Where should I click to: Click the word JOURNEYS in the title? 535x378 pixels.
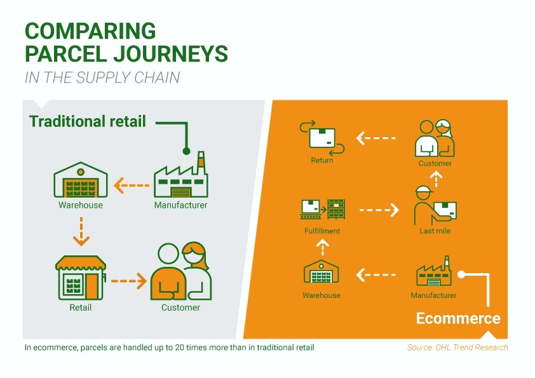click(x=170, y=53)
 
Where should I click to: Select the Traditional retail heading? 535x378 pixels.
click(x=88, y=121)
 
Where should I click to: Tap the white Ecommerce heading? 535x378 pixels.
click(x=458, y=318)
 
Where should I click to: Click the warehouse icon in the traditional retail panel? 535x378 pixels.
click(x=81, y=180)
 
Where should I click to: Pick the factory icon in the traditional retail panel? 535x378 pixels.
click(x=181, y=175)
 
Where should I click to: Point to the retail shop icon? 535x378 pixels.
click(x=81, y=278)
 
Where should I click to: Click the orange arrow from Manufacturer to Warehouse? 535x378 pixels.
click(x=132, y=186)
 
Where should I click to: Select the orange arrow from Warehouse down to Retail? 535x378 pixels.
click(x=81, y=231)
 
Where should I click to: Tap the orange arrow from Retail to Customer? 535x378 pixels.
click(x=129, y=281)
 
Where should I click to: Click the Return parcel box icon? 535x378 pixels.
click(x=322, y=138)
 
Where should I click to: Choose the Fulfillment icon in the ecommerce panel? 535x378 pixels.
click(x=322, y=209)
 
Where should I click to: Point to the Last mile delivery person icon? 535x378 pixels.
click(x=435, y=205)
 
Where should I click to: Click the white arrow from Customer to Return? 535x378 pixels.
click(x=376, y=138)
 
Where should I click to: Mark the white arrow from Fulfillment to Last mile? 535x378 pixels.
click(x=379, y=210)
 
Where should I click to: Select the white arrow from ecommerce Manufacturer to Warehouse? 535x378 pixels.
click(x=376, y=274)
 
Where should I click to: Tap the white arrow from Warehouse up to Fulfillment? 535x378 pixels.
click(x=322, y=247)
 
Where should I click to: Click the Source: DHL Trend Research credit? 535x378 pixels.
click(x=457, y=348)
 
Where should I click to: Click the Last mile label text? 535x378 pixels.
click(x=435, y=231)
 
